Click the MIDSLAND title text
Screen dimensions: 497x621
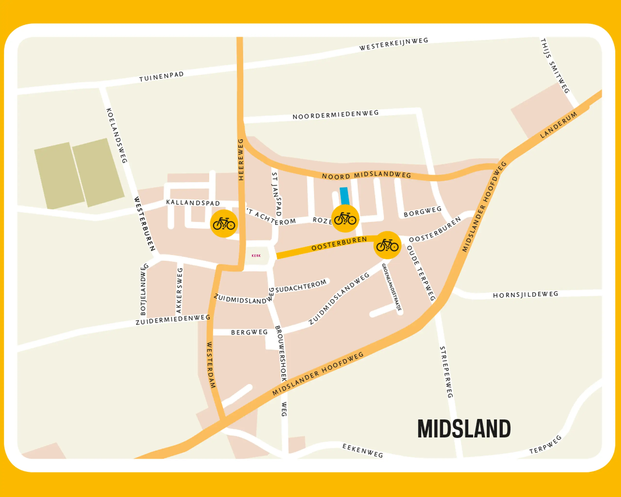pos(464,429)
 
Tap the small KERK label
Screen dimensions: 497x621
pos(256,256)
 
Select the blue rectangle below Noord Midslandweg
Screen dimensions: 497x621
pos(344,196)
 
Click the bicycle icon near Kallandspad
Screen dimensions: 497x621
pos(224,224)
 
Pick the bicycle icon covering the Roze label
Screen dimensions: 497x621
pos(345,219)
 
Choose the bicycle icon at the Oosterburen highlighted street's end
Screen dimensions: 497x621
pos(387,245)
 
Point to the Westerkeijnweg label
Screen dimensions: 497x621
pos(393,44)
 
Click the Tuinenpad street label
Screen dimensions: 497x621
pos(161,77)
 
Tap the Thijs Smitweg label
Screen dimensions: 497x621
pos(555,66)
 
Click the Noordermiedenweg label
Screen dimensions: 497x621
pos(335,115)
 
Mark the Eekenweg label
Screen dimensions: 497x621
pos(363,451)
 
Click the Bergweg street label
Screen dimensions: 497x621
pos(249,332)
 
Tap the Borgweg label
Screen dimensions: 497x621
pos(423,212)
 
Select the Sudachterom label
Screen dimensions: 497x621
pos(301,286)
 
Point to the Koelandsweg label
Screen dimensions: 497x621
pos(117,135)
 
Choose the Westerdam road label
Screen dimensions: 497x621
pos(211,365)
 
